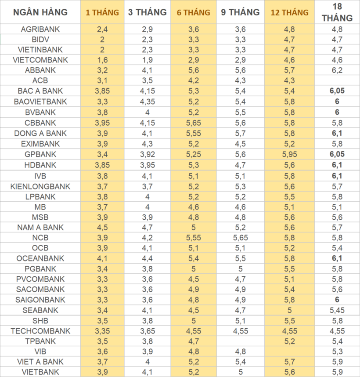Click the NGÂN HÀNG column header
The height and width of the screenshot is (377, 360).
[40, 12]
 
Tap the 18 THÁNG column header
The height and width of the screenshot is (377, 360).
[337, 13]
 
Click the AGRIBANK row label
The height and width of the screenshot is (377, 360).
[40, 29]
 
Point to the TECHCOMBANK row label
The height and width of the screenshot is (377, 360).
[40, 331]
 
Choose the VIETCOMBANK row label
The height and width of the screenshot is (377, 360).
[40, 60]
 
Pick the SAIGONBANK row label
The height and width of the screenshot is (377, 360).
[40, 300]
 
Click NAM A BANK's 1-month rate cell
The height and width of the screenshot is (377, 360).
[102, 227]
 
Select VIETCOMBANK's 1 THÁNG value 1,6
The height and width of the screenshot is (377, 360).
[102, 60]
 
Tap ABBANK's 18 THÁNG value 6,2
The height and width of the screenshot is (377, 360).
[337, 70]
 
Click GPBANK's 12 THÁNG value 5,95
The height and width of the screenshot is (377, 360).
[289, 154]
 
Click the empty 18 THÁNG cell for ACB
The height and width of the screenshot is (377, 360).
[337, 81]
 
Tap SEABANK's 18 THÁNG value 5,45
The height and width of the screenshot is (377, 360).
[337, 310]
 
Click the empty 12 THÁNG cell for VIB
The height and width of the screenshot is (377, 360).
[289, 352]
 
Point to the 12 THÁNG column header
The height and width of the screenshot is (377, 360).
[289, 12]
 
